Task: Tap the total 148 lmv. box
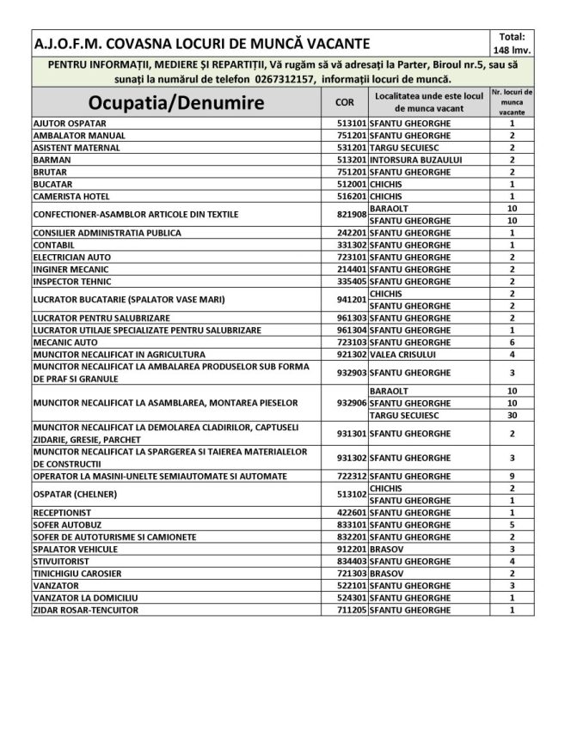[x=512, y=42]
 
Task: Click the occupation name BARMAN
[x=54, y=160]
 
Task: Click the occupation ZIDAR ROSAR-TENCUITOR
[x=85, y=610]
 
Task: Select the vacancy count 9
[x=512, y=476]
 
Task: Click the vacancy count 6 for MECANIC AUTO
[x=512, y=342]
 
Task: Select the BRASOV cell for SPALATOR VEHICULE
[x=388, y=549]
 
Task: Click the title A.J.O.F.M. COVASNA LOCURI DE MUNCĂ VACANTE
[x=202, y=43]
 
